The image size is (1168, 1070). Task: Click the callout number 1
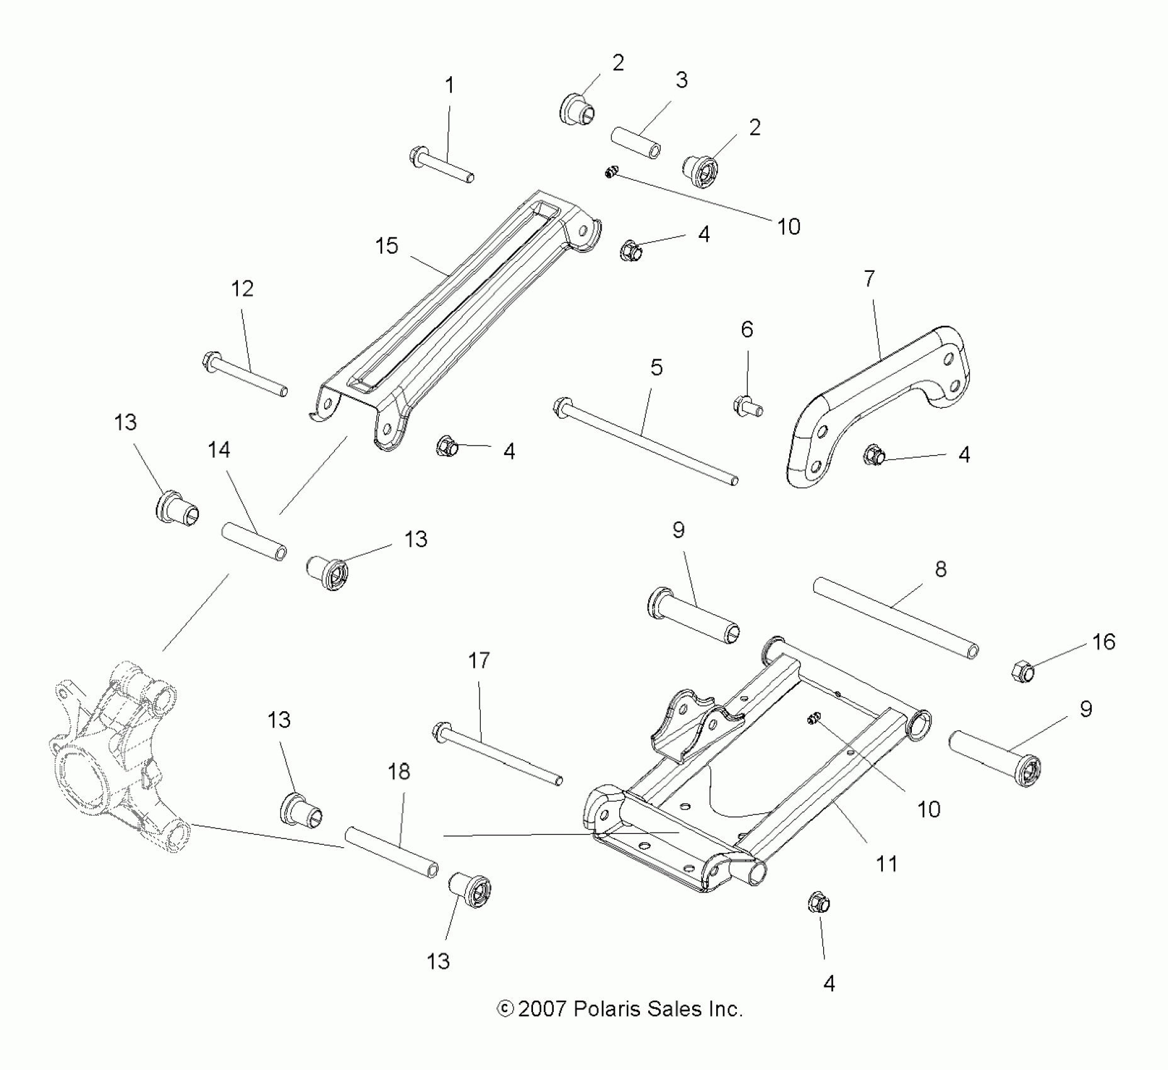tap(449, 86)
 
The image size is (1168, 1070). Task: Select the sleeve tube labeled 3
tap(636, 143)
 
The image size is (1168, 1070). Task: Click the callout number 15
tap(386, 245)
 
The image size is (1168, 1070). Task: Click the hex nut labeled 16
tap(1023, 672)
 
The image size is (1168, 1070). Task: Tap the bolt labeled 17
tap(497, 756)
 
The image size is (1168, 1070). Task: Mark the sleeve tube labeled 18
tap(391, 854)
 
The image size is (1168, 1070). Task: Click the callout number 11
tap(887, 864)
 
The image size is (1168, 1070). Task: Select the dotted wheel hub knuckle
tap(116, 752)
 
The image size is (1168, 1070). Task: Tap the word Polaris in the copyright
tap(606, 1009)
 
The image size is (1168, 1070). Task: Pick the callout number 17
tap(479, 660)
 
